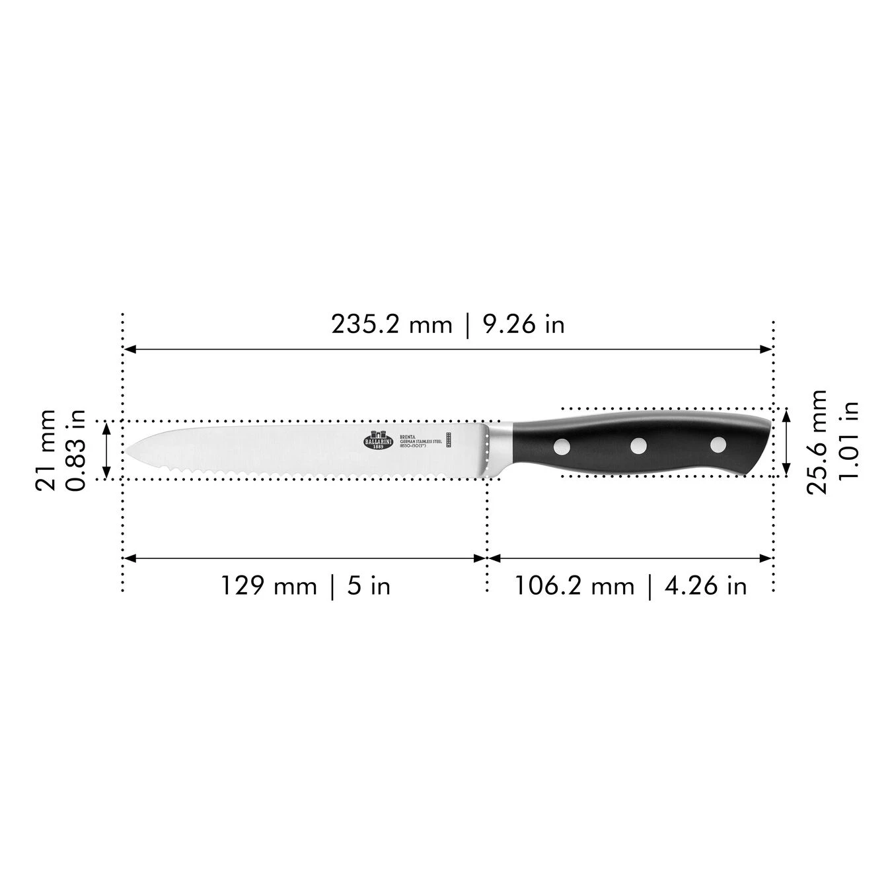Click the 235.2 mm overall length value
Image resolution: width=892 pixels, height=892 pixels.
[x=391, y=324]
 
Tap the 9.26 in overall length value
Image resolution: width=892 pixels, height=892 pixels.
[x=524, y=324]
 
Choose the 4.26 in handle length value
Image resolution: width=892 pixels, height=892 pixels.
[x=705, y=585]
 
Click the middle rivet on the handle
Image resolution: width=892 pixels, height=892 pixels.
[x=638, y=446]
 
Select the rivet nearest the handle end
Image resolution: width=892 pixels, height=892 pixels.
[x=718, y=445]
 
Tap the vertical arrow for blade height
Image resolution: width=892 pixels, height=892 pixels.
[x=106, y=450]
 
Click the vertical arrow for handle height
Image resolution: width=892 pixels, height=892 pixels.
[x=786, y=441]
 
